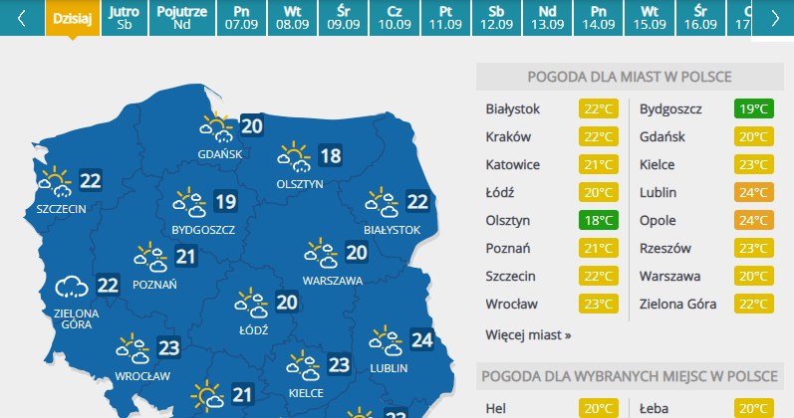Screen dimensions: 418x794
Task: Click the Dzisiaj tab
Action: coord(73,18)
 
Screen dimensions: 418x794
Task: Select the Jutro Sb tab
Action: coord(124,18)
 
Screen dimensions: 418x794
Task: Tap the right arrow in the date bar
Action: coord(775,19)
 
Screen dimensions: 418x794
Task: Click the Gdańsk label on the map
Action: coord(219,154)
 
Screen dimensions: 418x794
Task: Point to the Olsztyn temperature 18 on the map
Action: coord(329,155)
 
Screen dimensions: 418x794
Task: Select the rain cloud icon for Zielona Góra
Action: coord(72,288)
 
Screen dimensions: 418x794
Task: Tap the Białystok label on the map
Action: coord(392,230)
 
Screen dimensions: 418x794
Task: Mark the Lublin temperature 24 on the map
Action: coord(421,341)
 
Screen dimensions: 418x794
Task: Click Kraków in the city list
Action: coord(509,136)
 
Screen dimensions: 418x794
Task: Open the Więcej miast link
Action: coord(528,334)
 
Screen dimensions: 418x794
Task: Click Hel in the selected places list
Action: coord(495,407)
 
